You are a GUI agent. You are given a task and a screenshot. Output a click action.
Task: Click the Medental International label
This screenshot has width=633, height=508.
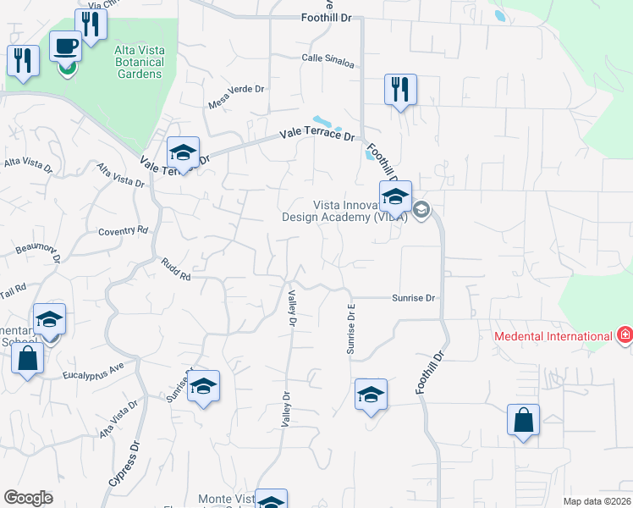click(x=553, y=336)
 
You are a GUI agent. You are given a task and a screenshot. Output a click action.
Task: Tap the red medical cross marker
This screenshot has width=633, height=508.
click(x=625, y=335)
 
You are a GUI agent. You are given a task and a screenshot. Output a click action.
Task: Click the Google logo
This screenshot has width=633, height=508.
click(x=28, y=498)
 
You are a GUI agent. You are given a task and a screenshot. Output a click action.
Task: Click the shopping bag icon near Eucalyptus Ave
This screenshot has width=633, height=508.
click(x=27, y=359)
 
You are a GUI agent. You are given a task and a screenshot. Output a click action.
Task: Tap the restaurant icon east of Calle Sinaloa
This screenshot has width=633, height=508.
click(x=400, y=89)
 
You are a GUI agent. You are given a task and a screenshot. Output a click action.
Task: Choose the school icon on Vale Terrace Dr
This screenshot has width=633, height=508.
click(x=183, y=152)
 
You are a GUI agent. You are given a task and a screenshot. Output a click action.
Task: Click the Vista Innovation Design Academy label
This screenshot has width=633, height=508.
click(x=344, y=211)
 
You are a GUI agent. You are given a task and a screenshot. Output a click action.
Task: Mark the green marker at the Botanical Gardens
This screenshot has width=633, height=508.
click(x=67, y=66)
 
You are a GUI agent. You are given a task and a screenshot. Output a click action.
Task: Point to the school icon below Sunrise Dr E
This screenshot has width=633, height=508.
click(x=371, y=395)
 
